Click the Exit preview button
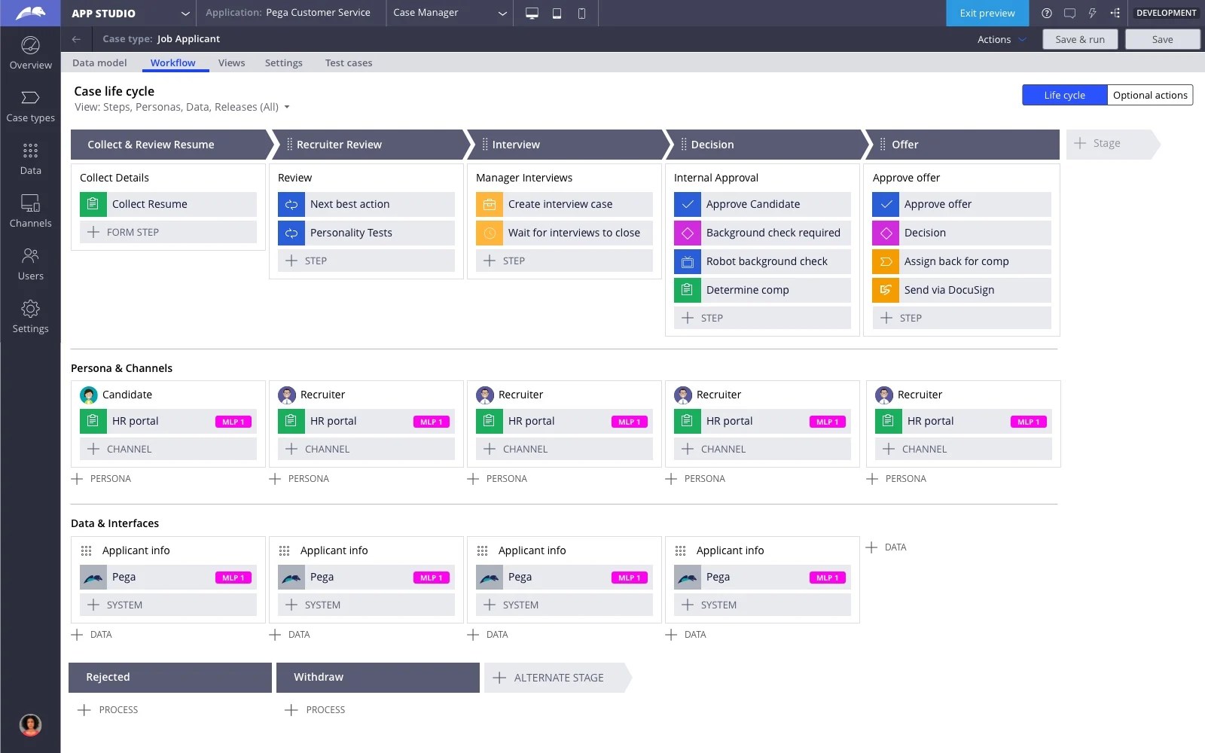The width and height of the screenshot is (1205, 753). [x=987, y=13]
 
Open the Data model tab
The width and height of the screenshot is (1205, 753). [x=99, y=62]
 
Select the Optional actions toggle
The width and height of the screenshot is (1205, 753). [x=1149, y=95]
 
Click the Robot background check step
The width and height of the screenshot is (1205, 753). [x=766, y=261]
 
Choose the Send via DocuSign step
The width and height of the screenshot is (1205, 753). [x=948, y=290]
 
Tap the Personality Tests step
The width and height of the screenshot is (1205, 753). [x=350, y=233]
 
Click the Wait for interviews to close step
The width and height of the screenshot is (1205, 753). [x=573, y=233]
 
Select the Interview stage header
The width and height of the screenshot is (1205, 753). [x=516, y=145]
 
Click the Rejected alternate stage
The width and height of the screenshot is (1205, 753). [x=169, y=677]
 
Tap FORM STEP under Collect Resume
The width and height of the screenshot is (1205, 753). [x=132, y=232]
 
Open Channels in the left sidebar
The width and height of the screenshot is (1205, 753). [x=30, y=210]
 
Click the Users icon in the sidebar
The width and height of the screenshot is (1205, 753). [x=30, y=256]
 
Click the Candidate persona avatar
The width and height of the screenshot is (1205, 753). [x=89, y=395]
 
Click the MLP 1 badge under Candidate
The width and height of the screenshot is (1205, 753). [x=233, y=422]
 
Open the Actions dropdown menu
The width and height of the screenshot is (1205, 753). [x=1001, y=39]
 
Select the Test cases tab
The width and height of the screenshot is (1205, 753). [x=348, y=62]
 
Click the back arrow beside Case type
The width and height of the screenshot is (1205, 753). [x=76, y=39]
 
